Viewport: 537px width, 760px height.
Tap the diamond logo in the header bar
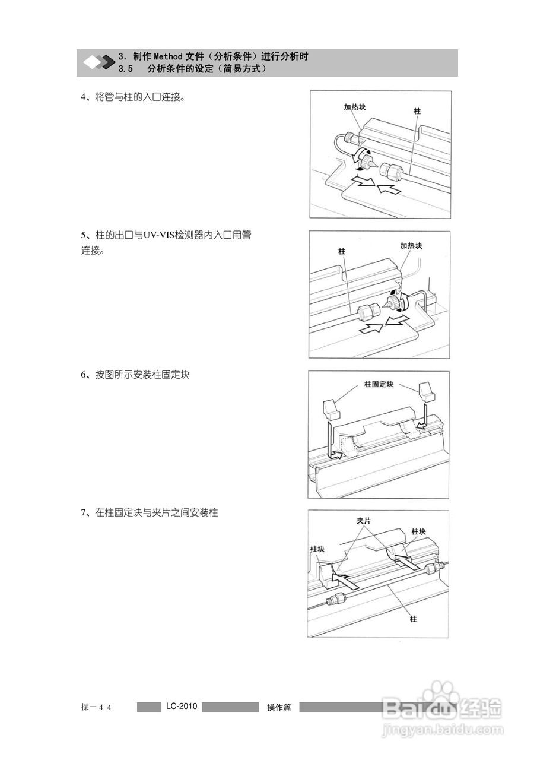98,62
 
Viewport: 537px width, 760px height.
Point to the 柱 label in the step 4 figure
418,111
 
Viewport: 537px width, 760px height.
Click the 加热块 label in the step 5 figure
411,245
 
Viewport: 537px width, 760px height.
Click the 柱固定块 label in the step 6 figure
378,384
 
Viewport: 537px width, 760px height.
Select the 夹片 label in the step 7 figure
364,520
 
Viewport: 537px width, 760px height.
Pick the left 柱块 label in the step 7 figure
317,549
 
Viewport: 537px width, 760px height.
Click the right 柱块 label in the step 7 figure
419,531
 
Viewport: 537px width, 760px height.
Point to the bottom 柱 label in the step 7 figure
413,619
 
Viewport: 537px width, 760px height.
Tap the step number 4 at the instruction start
84,97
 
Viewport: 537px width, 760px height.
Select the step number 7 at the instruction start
84,512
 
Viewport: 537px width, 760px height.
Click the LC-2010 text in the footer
181,707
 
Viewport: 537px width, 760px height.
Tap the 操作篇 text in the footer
279,707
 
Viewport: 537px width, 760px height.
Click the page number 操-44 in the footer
97,707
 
